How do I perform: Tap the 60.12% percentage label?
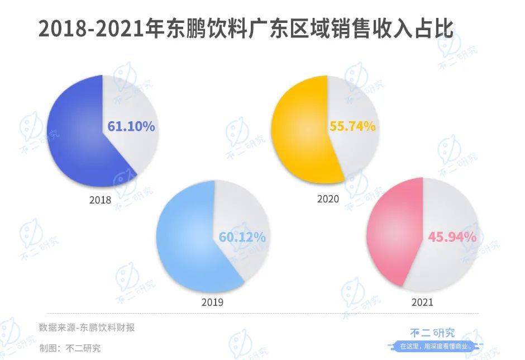(x=242, y=238)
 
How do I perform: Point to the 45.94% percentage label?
(x=452, y=236)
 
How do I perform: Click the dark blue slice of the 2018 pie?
(x=73, y=134)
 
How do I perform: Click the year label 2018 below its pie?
(x=101, y=200)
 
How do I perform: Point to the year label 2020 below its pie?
(x=328, y=198)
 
